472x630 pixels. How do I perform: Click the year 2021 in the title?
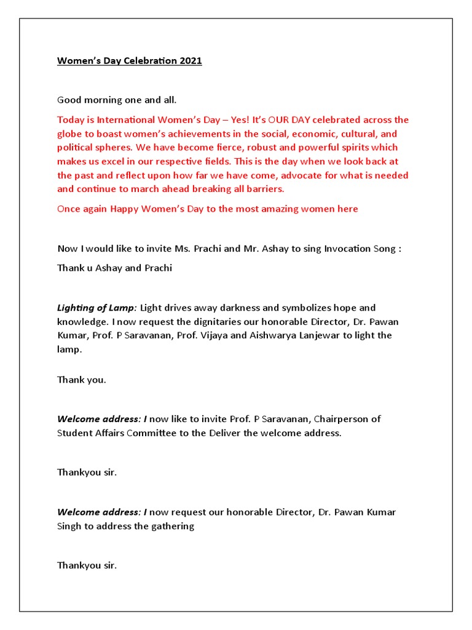point(191,61)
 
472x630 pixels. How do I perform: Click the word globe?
point(70,134)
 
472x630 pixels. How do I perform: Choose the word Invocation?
point(348,249)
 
